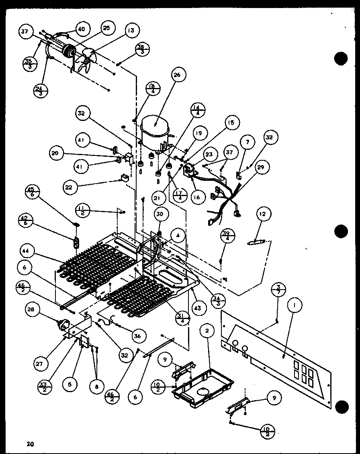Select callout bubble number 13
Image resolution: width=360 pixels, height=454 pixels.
point(131,30)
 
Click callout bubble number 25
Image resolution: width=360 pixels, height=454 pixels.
point(106,29)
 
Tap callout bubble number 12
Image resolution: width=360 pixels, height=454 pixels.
point(263,214)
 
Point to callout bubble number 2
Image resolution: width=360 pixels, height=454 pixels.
point(207,331)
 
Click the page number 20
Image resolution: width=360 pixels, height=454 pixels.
point(31,444)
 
